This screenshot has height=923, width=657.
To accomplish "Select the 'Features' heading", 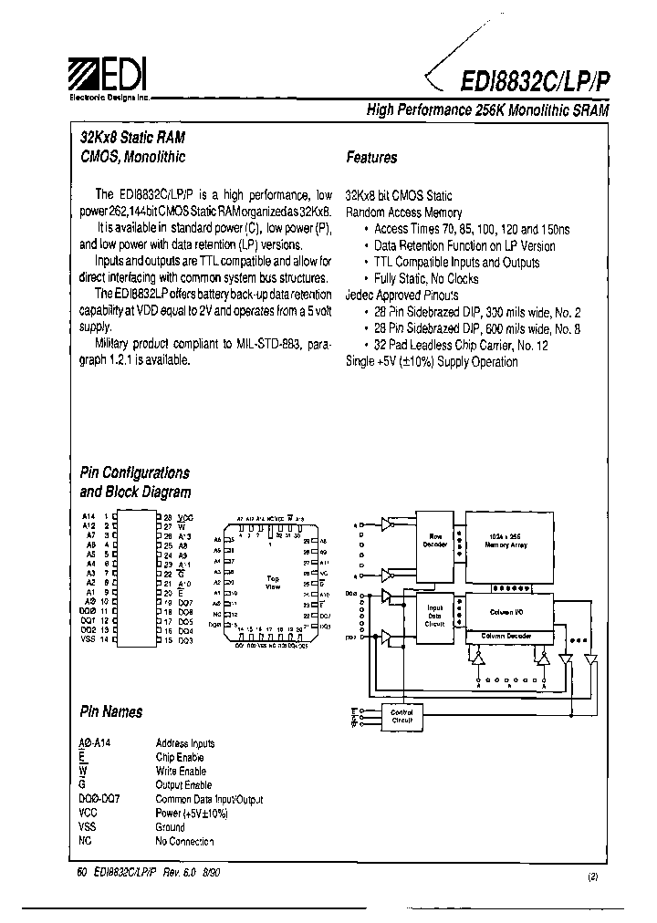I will pyautogui.click(x=371, y=158).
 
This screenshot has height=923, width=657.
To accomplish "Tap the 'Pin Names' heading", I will pyautogui.click(x=111, y=711).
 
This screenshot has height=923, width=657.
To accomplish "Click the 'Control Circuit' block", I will pyautogui.click(x=401, y=717).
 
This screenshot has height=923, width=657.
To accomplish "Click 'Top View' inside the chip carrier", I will pyautogui.click(x=272, y=582).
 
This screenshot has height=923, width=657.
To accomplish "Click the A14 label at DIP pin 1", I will pyautogui.click(x=89, y=517).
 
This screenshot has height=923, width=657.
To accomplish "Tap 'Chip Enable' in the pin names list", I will pyautogui.click(x=180, y=757).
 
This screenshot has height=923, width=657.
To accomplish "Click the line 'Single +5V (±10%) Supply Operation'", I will pyautogui.click(x=432, y=362).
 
